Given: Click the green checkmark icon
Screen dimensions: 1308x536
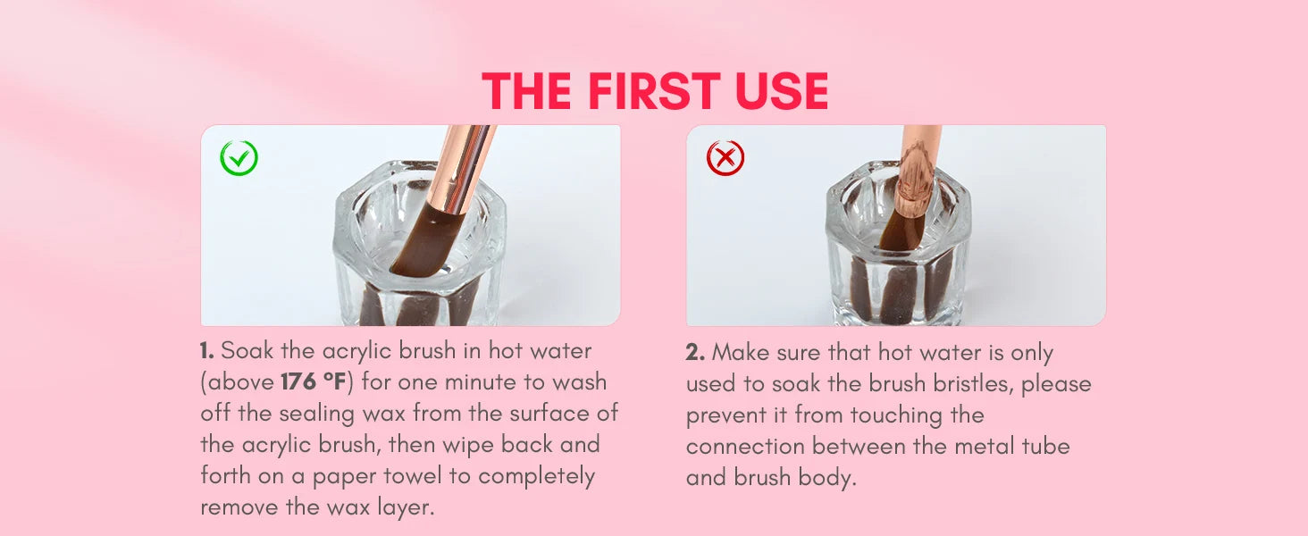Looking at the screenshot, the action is click(x=239, y=157).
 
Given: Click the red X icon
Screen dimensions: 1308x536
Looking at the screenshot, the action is click(x=725, y=157).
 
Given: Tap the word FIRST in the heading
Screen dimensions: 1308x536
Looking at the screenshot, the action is click(x=653, y=91).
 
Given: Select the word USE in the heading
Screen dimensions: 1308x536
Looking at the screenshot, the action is click(x=782, y=91).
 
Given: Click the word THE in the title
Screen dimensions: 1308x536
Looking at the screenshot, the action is click(x=527, y=91).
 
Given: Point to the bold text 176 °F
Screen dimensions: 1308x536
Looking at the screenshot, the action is click(x=314, y=381).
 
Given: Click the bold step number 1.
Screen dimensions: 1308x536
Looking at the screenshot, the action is click(x=206, y=351).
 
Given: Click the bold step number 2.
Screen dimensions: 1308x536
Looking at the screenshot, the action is click(x=695, y=353).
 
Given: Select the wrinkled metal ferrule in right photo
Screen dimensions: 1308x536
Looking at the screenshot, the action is click(x=913, y=181).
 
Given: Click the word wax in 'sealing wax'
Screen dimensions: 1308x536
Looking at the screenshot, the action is click(x=383, y=414).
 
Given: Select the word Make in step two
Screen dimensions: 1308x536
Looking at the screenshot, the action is click(x=741, y=353).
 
